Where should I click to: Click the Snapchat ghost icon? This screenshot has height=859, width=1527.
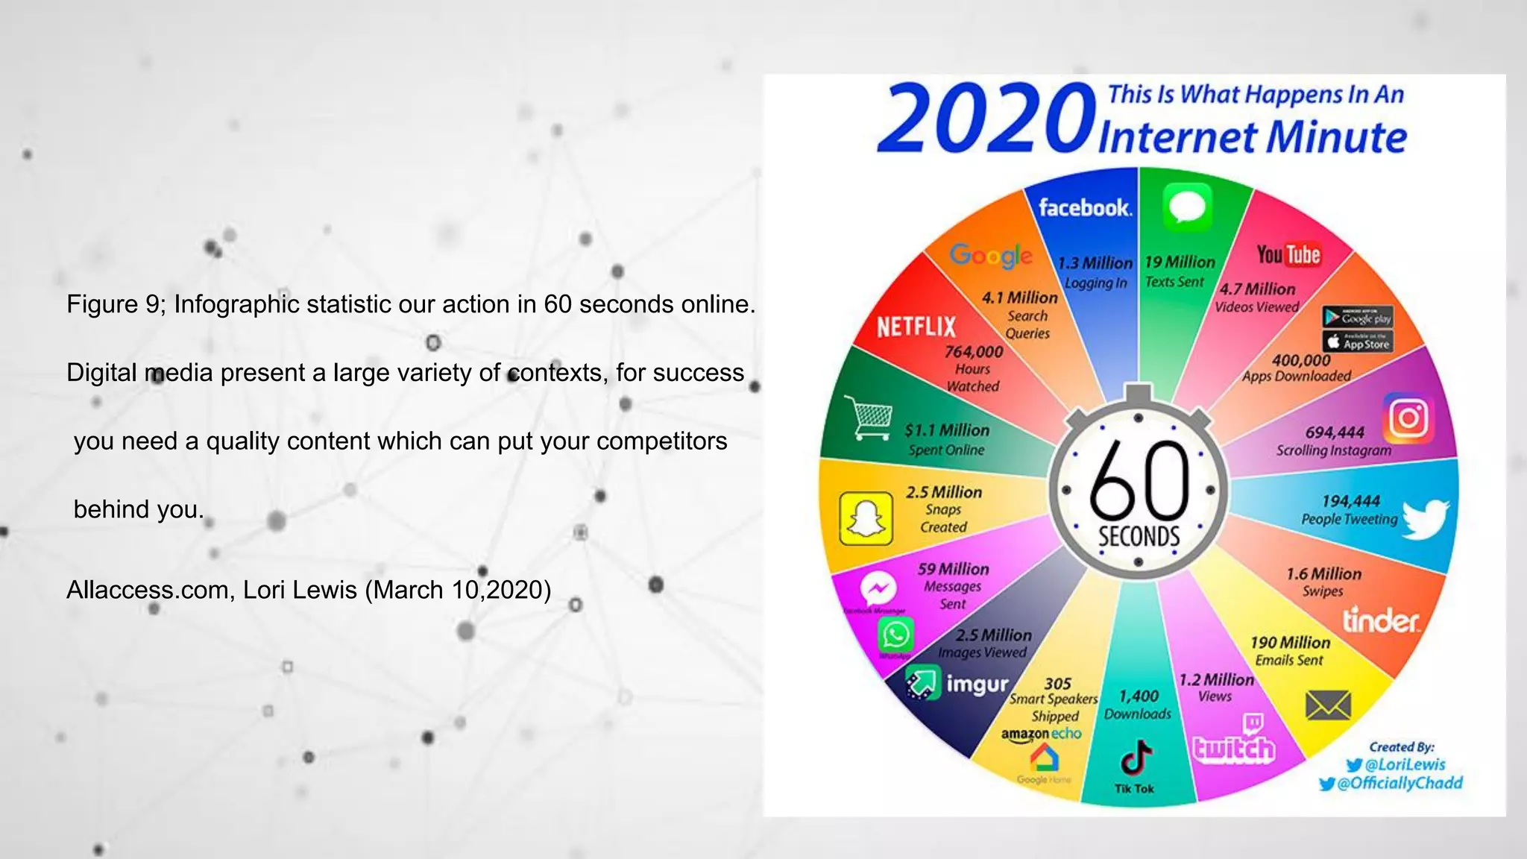pos(866,518)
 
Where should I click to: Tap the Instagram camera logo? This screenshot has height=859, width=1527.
pos(1408,418)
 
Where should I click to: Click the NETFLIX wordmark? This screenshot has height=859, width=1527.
pos(916,327)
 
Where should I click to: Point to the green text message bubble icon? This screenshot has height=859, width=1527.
pos(1187,207)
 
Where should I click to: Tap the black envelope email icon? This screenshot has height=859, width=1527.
pos(1328,705)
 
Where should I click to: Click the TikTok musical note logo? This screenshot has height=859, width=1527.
pos(1136,759)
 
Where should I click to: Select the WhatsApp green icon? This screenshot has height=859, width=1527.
pos(895,635)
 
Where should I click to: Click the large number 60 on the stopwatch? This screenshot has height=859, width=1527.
pos(1139,481)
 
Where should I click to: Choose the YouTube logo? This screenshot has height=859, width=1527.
pos(1288,255)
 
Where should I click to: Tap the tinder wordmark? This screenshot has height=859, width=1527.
pos(1381,620)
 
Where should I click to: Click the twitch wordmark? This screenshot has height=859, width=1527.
pos(1234,748)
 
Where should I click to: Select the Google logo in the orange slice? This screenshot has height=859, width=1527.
pos(991,256)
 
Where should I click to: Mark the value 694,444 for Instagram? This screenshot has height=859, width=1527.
pos(1335,432)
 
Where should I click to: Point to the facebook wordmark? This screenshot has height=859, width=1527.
pos(1085,207)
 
